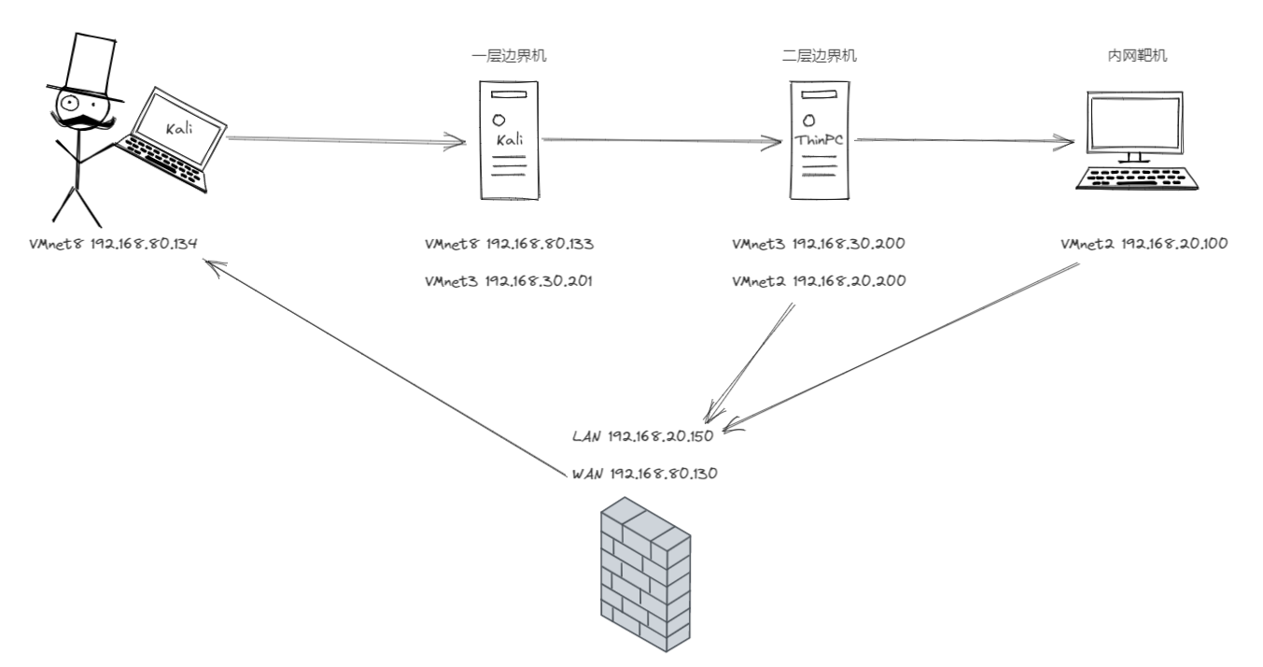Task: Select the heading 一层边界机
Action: coord(509,56)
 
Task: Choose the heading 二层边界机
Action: coord(819,56)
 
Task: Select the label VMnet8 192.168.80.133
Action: coord(509,245)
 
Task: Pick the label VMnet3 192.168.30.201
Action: coord(509,280)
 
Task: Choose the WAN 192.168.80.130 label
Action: coord(643,474)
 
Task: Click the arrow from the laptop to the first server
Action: coord(345,141)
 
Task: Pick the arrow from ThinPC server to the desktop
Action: coord(961,141)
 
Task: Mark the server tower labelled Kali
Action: coord(509,140)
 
